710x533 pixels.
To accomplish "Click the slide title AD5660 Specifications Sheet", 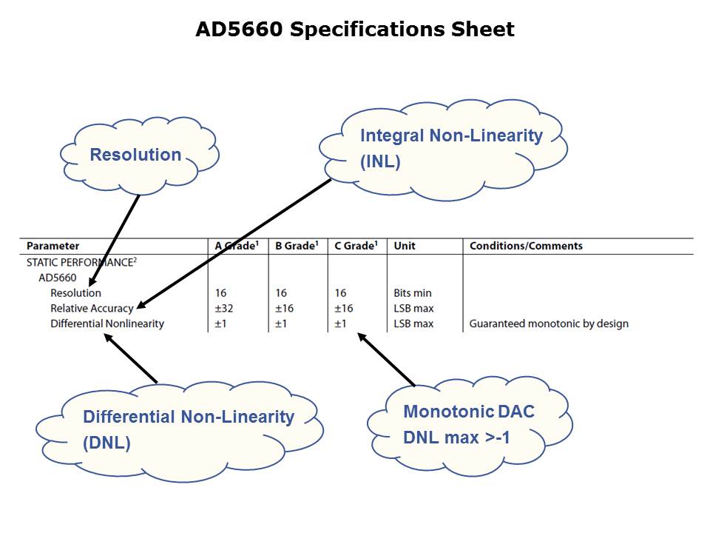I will click(354, 30).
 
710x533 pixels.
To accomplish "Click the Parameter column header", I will click(53, 246).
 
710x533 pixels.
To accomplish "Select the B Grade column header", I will click(296, 246).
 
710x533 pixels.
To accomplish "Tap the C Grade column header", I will click(356, 246).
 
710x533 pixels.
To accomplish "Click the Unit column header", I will click(405, 246).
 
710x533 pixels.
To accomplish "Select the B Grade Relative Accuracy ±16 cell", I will click(284, 309).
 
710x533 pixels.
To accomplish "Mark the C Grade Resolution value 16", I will click(340, 293).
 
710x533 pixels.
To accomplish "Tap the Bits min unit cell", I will click(413, 293).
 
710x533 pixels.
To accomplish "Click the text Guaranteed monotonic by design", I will click(549, 324).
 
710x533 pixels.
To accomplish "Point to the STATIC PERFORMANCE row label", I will click(81, 262).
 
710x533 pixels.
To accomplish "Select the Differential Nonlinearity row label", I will click(107, 324).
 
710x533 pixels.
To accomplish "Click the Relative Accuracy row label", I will click(92, 309).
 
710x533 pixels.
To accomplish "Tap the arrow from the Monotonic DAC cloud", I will click(386, 359).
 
